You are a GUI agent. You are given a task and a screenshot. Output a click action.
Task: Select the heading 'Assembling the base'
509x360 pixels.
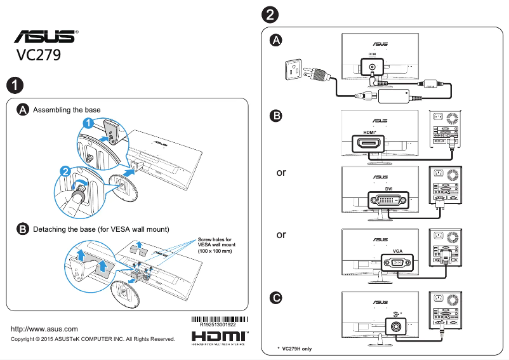[x=67, y=110]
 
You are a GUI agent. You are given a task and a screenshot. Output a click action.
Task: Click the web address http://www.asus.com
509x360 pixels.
[x=45, y=329]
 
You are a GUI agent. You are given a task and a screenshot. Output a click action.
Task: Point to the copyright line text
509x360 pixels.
[x=93, y=339]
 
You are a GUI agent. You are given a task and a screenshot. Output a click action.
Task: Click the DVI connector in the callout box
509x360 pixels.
[x=389, y=201]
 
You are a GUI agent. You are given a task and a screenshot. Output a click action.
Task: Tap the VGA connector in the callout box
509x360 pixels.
[x=397, y=262]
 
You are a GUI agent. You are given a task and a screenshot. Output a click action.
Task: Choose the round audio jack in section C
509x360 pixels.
[x=397, y=325]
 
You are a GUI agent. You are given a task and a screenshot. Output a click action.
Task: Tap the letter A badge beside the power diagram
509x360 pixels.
[x=276, y=41]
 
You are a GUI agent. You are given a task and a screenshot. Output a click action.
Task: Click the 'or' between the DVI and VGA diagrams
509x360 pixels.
[x=281, y=234]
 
